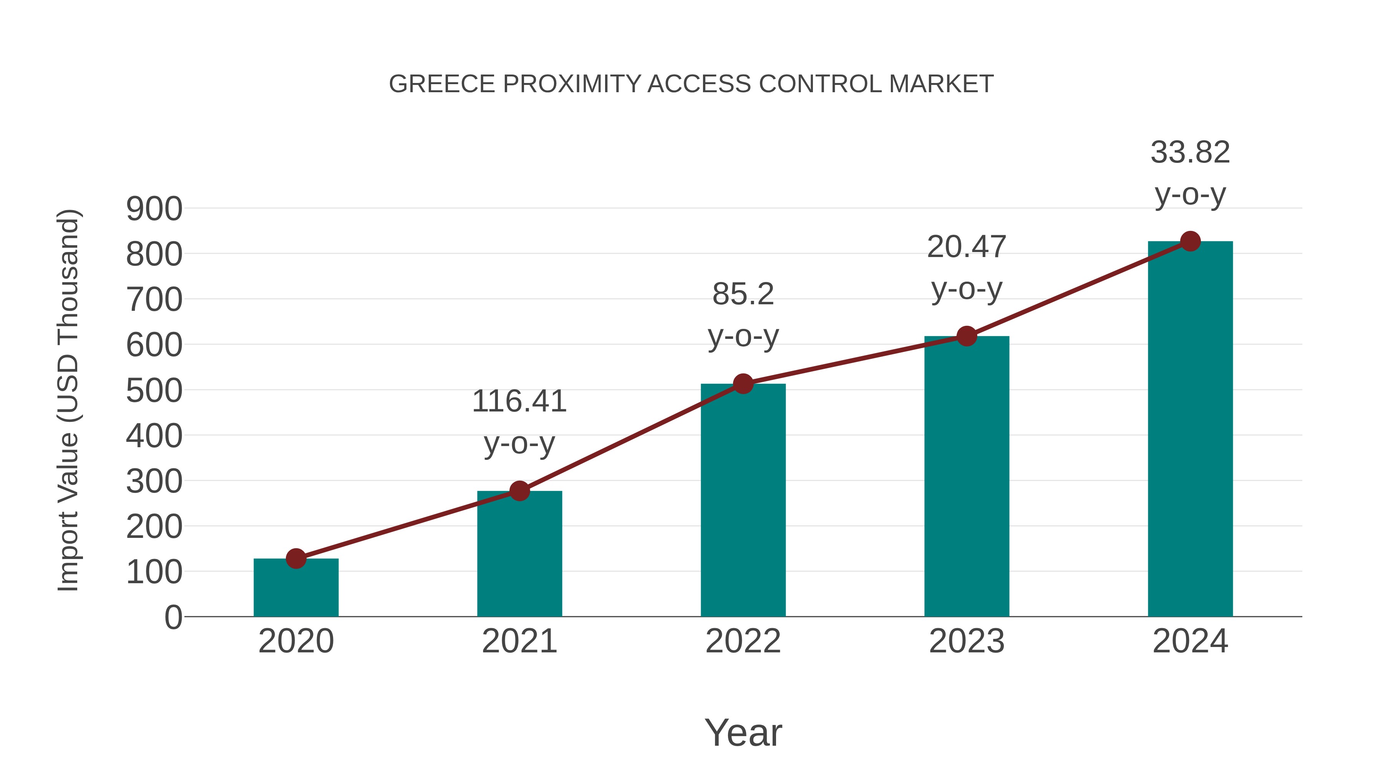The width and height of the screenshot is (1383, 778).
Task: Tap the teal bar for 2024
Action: (x=1190, y=430)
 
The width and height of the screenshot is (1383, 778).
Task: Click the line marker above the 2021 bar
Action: (x=519, y=491)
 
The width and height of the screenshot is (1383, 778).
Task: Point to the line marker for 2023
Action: (x=967, y=336)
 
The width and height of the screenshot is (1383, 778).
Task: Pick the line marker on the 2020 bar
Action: (x=296, y=558)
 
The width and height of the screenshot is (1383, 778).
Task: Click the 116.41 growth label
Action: (x=519, y=401)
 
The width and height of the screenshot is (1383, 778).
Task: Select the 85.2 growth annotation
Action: (x=743, y=294)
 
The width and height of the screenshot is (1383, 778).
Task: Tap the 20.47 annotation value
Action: (x=967, y=247)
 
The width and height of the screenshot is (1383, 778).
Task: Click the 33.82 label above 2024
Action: (x=1190, y=153)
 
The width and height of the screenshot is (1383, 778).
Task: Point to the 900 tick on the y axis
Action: (x=154, y=209)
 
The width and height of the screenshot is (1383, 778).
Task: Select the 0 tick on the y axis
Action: (x=173, y=617)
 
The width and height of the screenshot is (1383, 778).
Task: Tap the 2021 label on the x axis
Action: (x=519, y=641)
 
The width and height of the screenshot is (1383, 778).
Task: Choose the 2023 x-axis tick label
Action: (x=967, y=641)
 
